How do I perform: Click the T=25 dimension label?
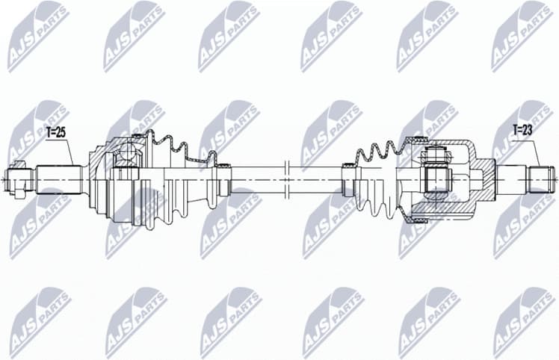point(56,132)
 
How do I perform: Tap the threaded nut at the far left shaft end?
point(15,180)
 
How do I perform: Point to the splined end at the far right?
point(542,179)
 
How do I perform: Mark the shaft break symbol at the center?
point(287,179)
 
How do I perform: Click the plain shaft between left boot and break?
point(258,179)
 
